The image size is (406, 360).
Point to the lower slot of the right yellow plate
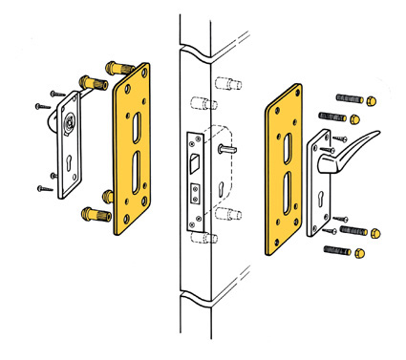284,195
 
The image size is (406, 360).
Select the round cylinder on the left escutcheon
68,124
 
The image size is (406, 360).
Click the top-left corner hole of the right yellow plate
273,96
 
